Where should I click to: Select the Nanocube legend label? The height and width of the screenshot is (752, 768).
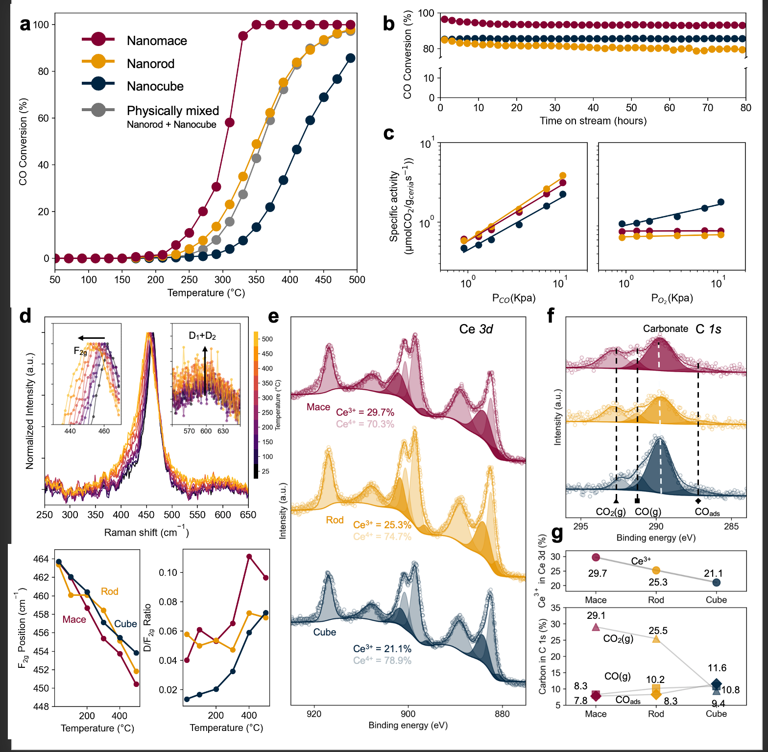(x=155, y=86)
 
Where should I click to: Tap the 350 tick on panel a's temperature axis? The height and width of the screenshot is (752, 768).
(x=256, y=280)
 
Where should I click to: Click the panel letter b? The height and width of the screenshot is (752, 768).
(x=388, y=23)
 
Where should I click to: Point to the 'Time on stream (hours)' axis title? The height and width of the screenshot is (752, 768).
(x=593, y=121)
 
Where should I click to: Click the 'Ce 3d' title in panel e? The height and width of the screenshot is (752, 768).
(x=476, y=329)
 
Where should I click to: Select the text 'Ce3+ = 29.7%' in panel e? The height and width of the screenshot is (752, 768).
(x=365, y=412)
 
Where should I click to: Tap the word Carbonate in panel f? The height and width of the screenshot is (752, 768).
(x=665, y=329)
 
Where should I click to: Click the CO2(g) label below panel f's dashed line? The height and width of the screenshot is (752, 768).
(x=610, y=512)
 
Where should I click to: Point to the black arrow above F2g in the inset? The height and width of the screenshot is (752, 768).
(x=92, y=338)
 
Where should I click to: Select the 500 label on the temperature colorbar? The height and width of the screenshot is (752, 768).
(x=267, y=339)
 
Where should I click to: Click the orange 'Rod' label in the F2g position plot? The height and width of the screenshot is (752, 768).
(x=110, y=591)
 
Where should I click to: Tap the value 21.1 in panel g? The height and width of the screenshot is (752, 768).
(x=713, y=573)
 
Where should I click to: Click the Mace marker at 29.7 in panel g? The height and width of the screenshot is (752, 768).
(x=596, y=557)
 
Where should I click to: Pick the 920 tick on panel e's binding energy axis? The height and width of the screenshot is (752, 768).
(x=314, y=714)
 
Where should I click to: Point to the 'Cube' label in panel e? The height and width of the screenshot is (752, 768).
(x=325, y=632)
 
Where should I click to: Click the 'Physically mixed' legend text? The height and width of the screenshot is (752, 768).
(x=172, y=111)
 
